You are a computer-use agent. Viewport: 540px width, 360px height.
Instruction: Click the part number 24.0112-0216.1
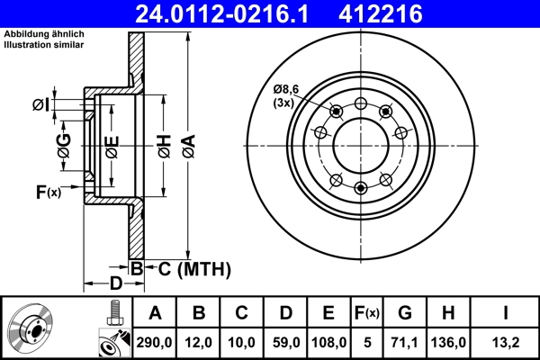click(x=220, y=13)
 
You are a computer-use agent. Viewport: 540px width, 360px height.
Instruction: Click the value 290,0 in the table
click(x=155, y=342)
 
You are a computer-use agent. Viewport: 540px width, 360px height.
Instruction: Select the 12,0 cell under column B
click(x=199, y=342)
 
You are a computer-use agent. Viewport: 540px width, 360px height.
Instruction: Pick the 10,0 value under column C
click(x=242, y=342)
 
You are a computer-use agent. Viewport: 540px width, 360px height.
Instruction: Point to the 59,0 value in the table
click(x=285, y=342)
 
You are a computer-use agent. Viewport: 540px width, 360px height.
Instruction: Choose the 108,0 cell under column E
click(x=328, y=342)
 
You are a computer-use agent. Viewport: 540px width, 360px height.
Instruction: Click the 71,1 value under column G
click(x=406, y=342)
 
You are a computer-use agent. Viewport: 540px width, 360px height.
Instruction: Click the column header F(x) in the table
click(x=367, y=313)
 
